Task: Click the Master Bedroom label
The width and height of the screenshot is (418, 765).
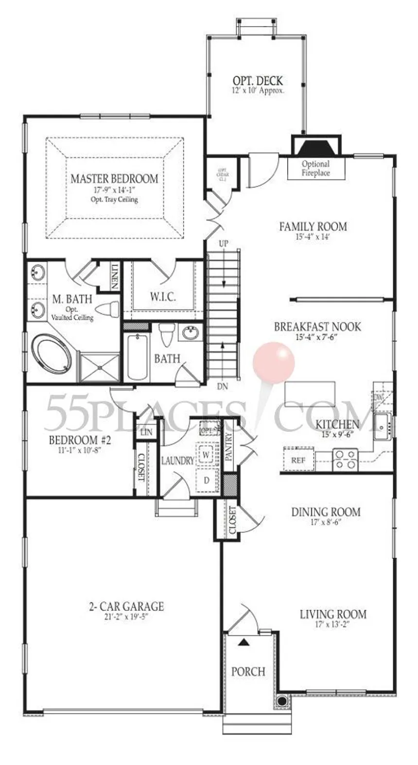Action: click(x=114, y=179)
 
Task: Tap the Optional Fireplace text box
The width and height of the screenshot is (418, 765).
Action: click(x=315, y=168)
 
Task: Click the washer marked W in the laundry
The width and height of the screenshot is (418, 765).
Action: click(x=206, y=455)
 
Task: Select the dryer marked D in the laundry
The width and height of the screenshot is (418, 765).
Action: click(x=206, y=480)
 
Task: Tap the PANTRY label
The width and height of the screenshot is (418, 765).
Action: click(x=229, y=446)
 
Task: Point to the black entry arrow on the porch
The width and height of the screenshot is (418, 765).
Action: click(x=244, y=642)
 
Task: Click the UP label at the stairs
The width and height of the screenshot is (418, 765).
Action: click(x=223, y=243)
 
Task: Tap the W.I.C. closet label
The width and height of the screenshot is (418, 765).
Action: click(x=163, y=297)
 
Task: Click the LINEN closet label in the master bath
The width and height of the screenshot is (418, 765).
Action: click(x=115, y=276)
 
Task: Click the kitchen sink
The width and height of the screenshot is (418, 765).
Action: click(x=382, y=426)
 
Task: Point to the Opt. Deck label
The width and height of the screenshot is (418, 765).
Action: click(x=258, y=81)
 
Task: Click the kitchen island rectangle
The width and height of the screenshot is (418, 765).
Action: click(x=311, y=393)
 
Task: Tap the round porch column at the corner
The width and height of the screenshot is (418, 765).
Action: click(x=281, y=701)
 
